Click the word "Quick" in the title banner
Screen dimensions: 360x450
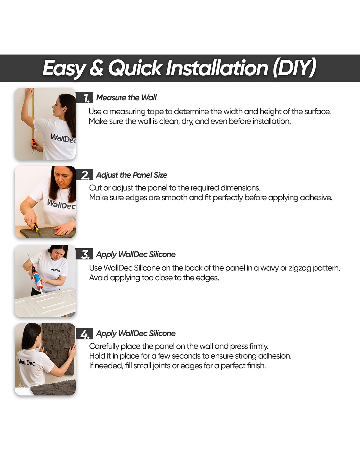click(x=135, y=68)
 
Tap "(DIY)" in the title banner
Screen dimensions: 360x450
click(x=294, y=68)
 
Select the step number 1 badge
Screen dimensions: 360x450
click(x=84, y=97)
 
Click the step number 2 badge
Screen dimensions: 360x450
click(x=84, y=175)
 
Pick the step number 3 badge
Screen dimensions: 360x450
click(x=84, y=254)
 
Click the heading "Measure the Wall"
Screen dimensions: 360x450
click(x=126, y=97)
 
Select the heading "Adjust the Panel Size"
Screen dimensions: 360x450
click(x=132, y=175)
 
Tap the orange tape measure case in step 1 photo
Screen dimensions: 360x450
click(x=33, y=143)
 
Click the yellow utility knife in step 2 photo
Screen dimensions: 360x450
click(x=36, y=227)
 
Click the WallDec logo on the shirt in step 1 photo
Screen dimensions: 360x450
click(x=63, y=138)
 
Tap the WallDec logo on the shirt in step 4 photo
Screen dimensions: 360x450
click(x=26, y=362)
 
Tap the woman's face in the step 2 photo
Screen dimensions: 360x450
click(x=63, y=177)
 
